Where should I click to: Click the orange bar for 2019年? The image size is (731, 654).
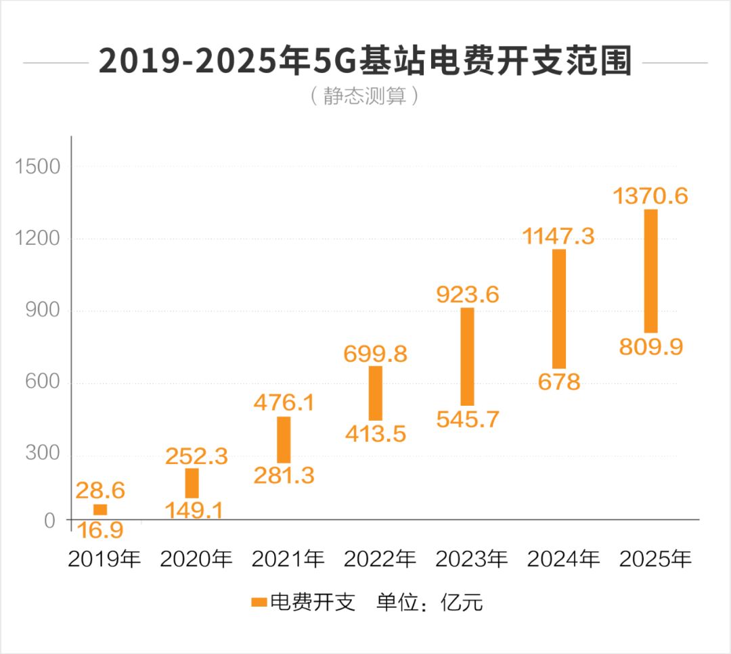click(x=100, y=510)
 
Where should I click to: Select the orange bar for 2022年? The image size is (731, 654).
click(x=376, y=393)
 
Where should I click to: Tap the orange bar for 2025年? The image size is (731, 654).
click(x=650, y=271)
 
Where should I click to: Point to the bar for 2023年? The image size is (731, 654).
click(x=467, y=356)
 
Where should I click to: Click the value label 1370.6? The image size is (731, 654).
click(x=650, y=196)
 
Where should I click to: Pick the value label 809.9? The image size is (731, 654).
click(x=651, y=348)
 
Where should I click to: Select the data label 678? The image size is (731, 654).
click(x=559, y=382)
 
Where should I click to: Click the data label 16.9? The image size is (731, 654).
click(x=99, y=530)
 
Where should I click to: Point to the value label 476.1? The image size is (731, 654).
click(x=284, y=403)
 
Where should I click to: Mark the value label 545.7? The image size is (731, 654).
click(x=468, y=419)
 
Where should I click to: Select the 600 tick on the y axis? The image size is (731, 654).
click(x=43, y=383)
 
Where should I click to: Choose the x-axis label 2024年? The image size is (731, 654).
click(x=564, y=559)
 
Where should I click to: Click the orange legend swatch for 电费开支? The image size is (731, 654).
click(x=259, y=602)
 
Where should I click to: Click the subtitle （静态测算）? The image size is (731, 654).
click(x=365, y=96)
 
